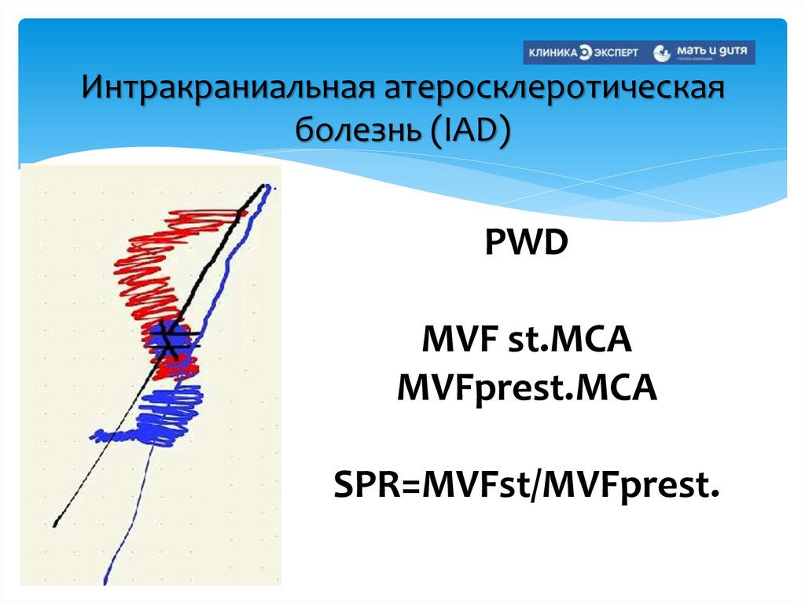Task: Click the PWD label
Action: (525, 245)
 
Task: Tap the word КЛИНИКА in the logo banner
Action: (553, 53)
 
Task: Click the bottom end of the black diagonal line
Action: (56, 523)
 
